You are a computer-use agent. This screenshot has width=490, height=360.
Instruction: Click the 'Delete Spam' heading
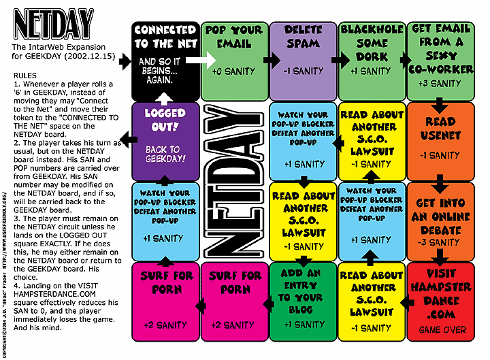pyautogui.click(x=303, y=37)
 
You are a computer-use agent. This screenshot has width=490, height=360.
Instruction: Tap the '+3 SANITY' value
pyautogui.click(x=440, y=83)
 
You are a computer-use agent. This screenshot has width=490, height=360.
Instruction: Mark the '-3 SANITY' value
pyautogui.click(x=440, y=242)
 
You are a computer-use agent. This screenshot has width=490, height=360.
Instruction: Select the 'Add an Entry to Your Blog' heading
pyautogui.click(x=303, y=291)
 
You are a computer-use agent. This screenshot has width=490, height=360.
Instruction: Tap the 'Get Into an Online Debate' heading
pyautogui.click(x=440, y=216)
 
